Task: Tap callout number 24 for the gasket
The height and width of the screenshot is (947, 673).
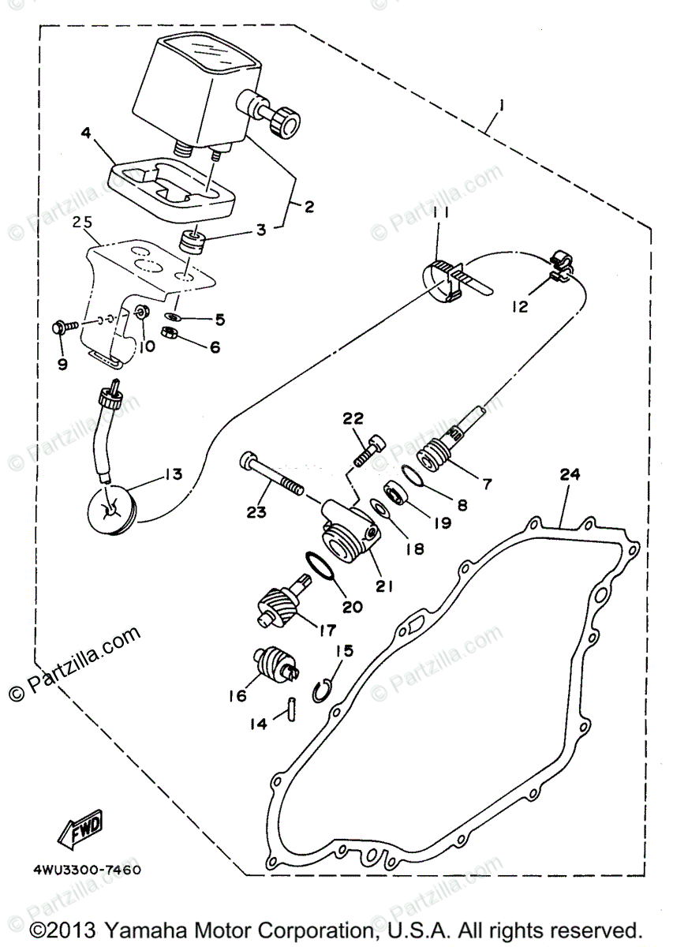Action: coord(570,474)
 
